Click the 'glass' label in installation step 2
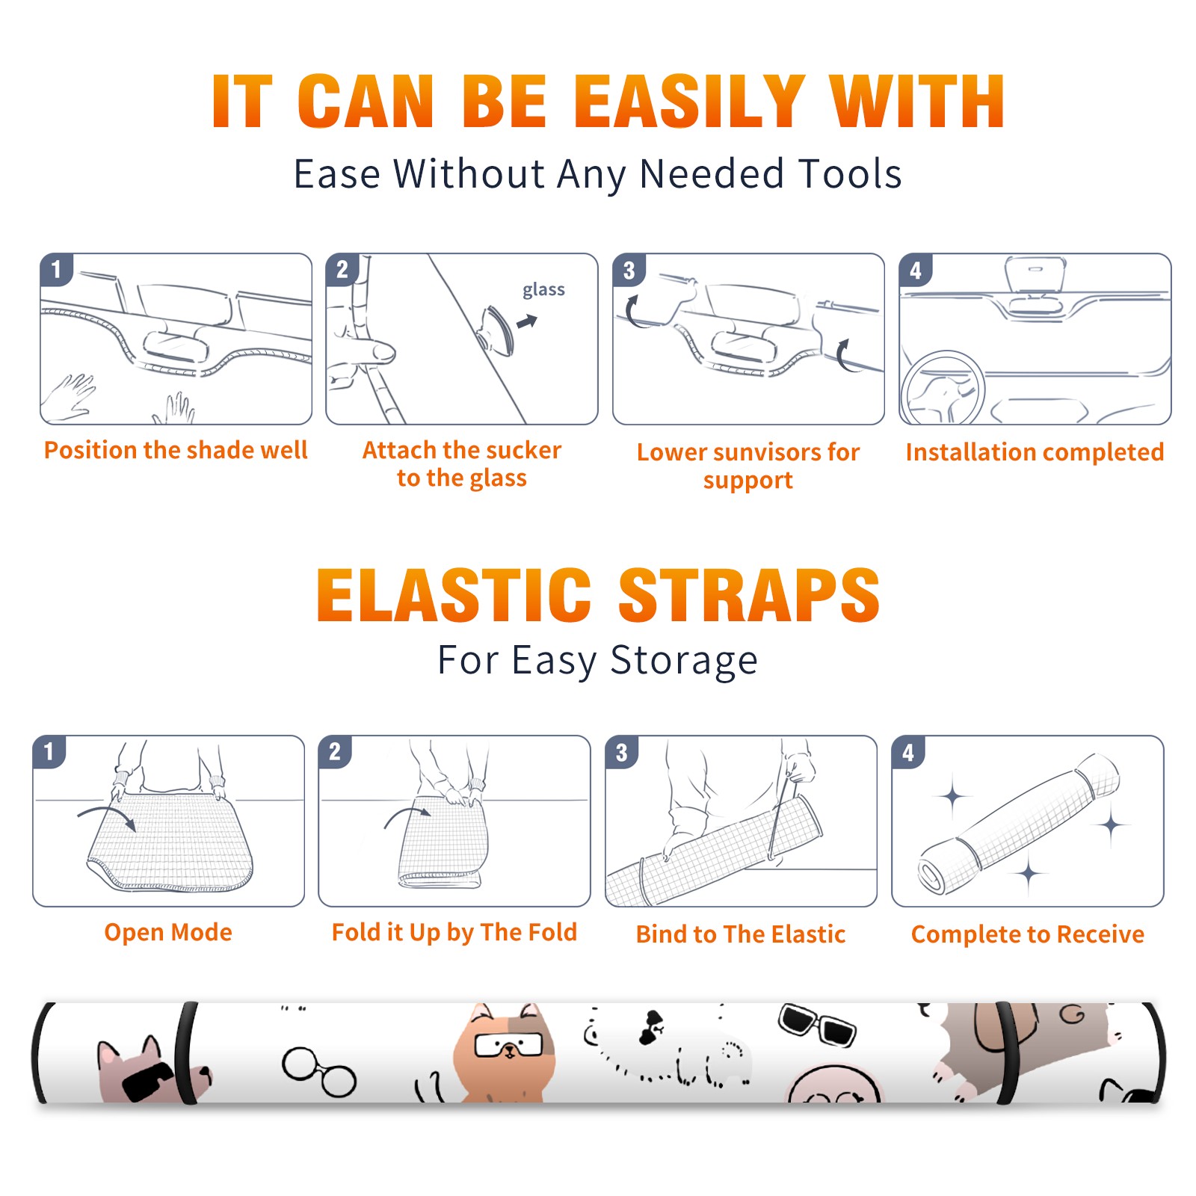coord(543,290)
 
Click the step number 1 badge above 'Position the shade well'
coord(56,269)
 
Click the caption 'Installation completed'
coord(1035,452)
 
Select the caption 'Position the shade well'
coord(176,450)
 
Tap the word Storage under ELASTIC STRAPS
coord(684,661)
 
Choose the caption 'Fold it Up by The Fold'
coord(454,933)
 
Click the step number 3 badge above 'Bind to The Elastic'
coord(621,752)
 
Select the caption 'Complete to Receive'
coord(1028,934)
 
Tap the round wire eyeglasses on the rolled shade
coord(319,1070)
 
